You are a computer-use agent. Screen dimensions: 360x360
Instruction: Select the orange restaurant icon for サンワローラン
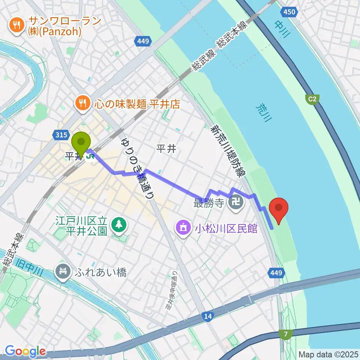[16, 26]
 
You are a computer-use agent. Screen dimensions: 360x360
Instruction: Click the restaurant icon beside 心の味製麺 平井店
[81, 103]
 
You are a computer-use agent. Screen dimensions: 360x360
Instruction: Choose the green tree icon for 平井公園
[119, 224]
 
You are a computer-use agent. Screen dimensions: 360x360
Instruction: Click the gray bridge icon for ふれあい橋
[63, 271]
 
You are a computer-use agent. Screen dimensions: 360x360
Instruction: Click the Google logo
[25, 351]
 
